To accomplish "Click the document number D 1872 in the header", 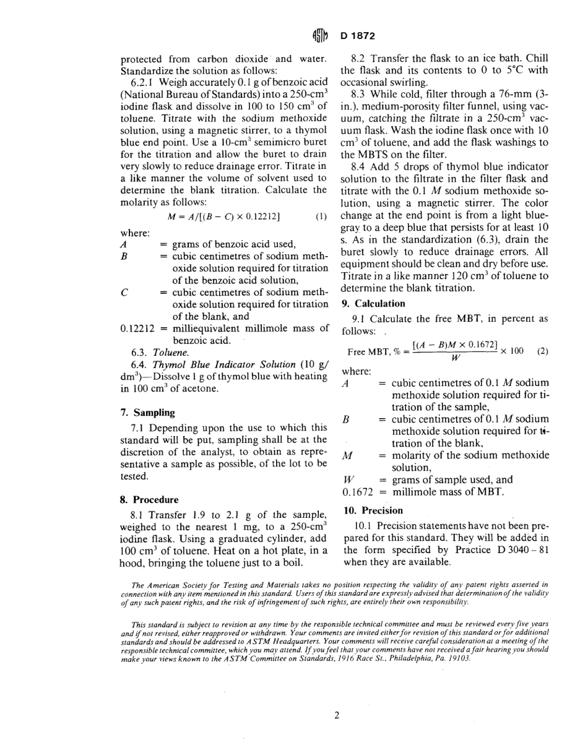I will (358, 36).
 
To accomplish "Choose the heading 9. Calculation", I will (374, 303).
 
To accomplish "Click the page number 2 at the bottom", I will (337, 716).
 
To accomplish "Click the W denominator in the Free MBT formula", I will (455, 358).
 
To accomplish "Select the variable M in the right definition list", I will (347, 455).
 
